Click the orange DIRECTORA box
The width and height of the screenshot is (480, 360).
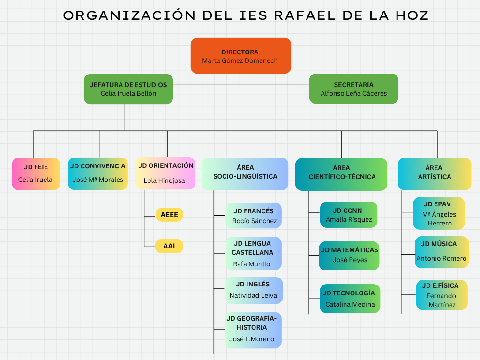click(240, 56)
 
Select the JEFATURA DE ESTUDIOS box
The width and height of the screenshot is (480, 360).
click(128, 89)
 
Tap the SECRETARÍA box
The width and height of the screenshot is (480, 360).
click(353, 89)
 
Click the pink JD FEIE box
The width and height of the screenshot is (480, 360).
click(36, 173)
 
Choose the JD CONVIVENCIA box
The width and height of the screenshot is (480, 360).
click(97, 173)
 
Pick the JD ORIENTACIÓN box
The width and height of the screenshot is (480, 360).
click(165, 173)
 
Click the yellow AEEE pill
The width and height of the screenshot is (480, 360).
click(169, 215)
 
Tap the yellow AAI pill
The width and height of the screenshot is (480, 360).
click(169, 246)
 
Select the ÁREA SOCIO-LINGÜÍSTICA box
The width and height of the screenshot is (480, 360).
click(245, 173)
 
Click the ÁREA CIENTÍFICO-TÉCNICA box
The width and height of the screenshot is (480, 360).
click(342, 174)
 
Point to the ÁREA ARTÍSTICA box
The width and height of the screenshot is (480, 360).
click(435, 173)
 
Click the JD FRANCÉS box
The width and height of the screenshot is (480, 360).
click(254, 216)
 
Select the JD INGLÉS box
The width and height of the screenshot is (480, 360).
click(253, 290)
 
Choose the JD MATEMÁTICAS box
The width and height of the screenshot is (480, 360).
click(349, 255)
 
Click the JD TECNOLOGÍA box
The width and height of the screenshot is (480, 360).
click(350, 299)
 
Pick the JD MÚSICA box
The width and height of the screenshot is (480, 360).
click(442, 252)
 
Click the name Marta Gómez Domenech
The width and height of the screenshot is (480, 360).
click(240, 60)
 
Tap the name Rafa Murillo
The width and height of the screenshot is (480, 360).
click(252, 264)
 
